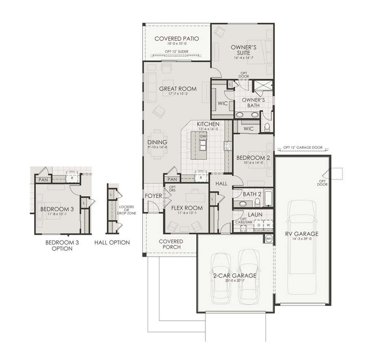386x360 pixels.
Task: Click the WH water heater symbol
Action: [269, 239]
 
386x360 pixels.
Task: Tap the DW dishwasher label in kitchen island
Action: [203, 136]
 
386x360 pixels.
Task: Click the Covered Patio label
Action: [176, 39]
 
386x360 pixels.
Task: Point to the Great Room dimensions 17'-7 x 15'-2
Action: [178, 94]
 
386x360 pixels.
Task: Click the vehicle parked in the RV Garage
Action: [302, 247]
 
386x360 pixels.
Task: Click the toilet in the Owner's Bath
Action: [267, 128]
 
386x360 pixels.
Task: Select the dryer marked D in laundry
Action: [259, 225]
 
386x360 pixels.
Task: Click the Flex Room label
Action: [187, 208]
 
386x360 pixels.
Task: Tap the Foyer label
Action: [153, 196]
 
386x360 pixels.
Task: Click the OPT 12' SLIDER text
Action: [176, 52]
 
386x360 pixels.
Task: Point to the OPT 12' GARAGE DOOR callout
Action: [303, 148]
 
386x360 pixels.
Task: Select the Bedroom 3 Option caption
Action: [59, 245]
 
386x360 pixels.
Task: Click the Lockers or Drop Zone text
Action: [126, 210]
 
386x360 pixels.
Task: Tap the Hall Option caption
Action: [112, 243]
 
